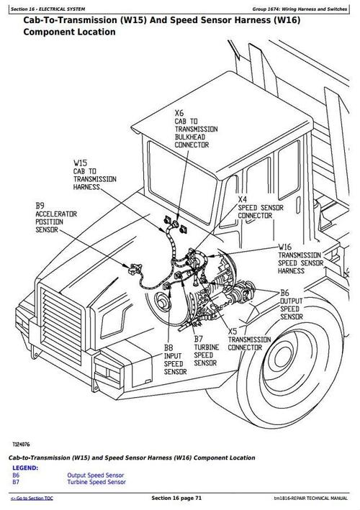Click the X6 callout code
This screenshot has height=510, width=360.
pyautogui.click(x=179, y=112)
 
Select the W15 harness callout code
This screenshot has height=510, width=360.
pyautogui.click(x=80, y=163)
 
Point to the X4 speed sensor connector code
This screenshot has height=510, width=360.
pyautogui.click(x=243, y=199)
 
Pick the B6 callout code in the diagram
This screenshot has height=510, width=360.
pyautogui.click(x=285, y=293)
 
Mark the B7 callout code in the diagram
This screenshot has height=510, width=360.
pyautogui.click(x=199, y=338)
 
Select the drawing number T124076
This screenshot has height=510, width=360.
pyautogui.click(x=21, y=445)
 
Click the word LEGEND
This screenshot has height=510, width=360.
pyautogui.click(x=25, y=468)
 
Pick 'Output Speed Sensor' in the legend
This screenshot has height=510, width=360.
pyautogui.click(x=95, y=475)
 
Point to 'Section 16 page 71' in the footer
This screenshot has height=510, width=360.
pyautogui.click(x=179, y=498)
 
